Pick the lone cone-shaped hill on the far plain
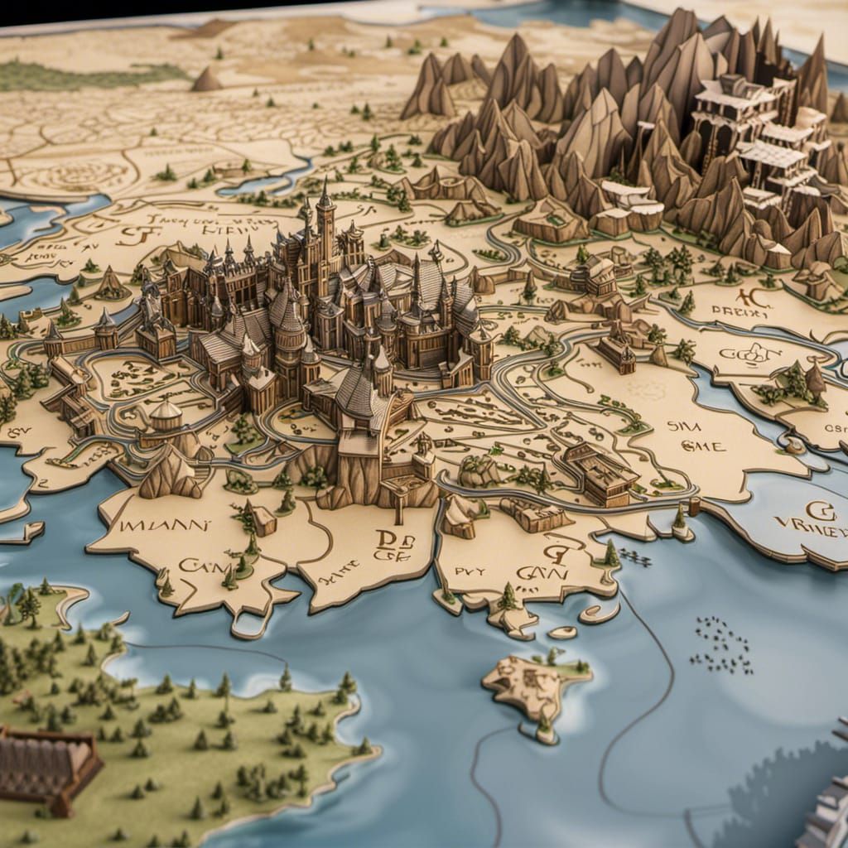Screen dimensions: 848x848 206,79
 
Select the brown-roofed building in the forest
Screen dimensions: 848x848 46,766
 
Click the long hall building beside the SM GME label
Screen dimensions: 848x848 601,475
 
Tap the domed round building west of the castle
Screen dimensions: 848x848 166,412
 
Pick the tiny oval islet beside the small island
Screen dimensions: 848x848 563,632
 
